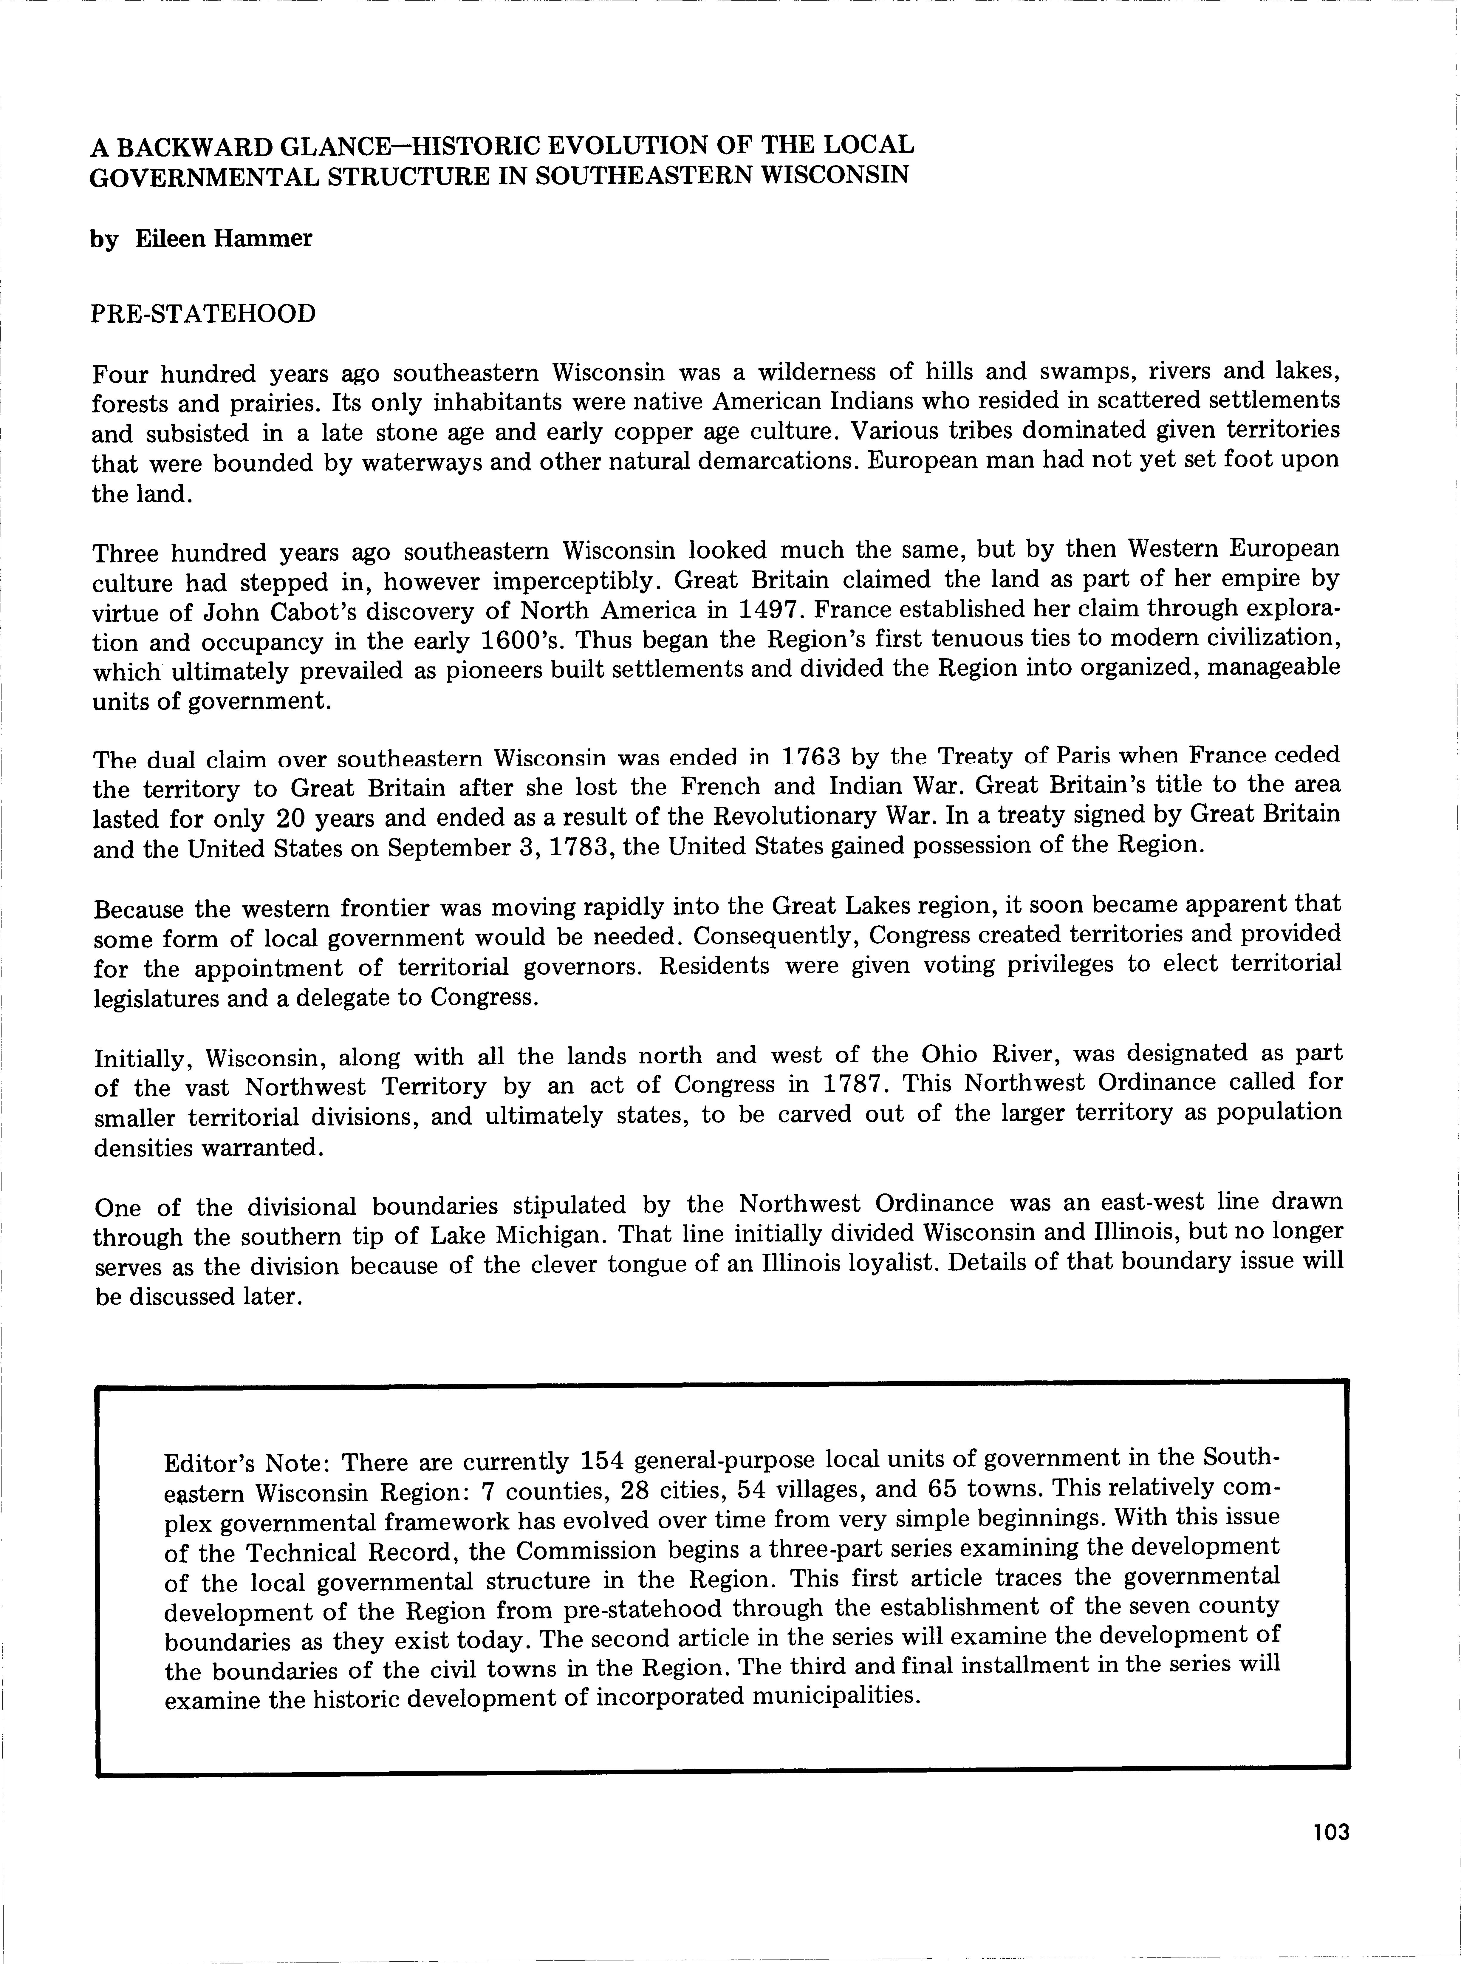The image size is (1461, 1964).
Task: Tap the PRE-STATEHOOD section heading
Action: [x=203, y=314]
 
